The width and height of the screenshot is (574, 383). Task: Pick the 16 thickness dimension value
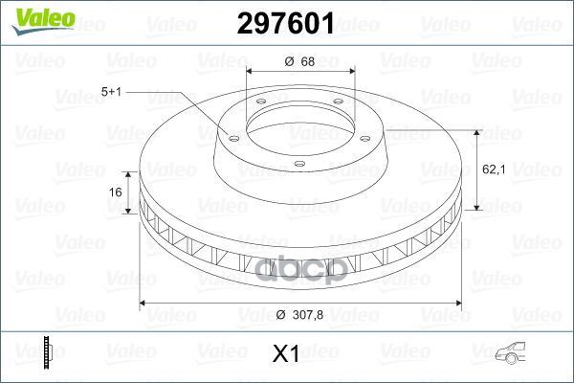tap(116, 192)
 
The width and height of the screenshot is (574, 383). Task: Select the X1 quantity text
tap(286, 354)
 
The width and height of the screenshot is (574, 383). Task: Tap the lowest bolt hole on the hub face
tap(299, 164)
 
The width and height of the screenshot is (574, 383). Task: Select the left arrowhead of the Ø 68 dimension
tap(252, 72)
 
